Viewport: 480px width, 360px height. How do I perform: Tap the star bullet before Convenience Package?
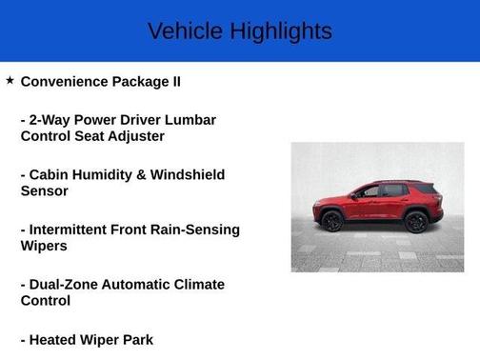(x=10, y=81)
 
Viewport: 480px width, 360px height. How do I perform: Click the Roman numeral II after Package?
(x=174, y=82)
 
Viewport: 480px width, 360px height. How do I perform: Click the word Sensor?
(x=44, y=190)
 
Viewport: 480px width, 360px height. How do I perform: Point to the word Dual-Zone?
(x=68, y=284)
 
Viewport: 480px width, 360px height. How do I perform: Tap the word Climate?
(x=198, y=284)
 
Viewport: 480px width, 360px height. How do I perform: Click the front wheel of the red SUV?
(x=332, y=222)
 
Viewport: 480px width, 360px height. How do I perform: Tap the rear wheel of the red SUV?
(x=416, y=222)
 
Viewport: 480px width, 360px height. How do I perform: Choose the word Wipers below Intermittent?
(x=45, y=246)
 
